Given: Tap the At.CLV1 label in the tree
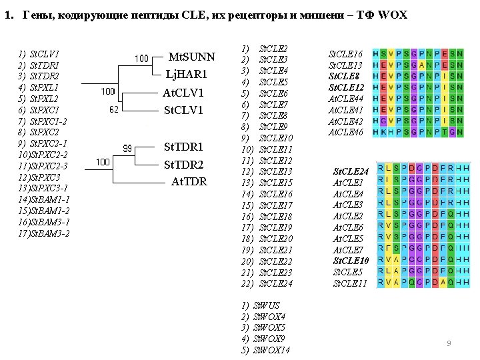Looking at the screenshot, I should click(183, 93).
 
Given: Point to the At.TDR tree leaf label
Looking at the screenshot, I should click(189, 181).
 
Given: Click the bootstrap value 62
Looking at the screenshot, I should click(113, 109).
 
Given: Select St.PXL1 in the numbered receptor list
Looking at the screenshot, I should click(45, 87).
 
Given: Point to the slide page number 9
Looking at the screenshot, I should click(449, 343).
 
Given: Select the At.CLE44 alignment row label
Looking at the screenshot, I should click(345, 99).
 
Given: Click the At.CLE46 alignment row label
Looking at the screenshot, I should click(345, 133).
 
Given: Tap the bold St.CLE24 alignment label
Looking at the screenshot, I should click(351, 171).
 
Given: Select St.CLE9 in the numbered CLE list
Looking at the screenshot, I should click(273, 126).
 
